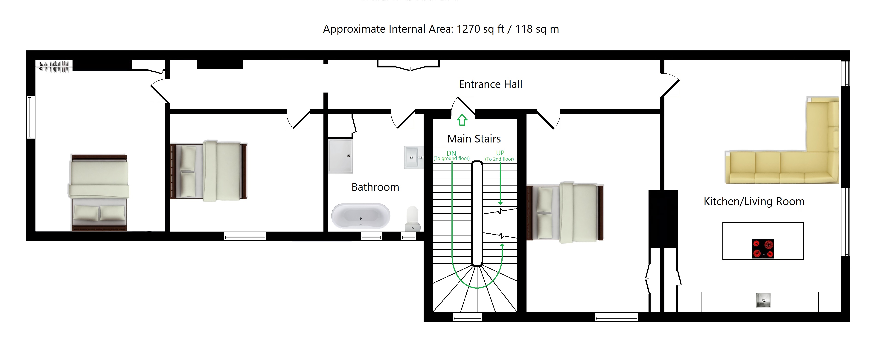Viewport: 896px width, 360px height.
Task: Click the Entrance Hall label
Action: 490,84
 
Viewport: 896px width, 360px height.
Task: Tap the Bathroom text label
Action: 375,187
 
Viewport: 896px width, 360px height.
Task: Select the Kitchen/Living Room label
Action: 754,201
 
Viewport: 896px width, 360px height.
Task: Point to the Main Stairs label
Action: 474,139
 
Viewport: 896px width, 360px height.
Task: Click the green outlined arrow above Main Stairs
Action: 462,120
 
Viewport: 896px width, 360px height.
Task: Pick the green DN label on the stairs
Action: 451,153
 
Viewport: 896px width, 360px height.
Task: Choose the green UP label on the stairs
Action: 500,153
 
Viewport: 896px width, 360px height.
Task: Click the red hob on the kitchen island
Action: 763,249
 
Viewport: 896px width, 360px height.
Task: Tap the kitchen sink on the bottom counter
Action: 763,300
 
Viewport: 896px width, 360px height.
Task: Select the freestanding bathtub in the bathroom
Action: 361,216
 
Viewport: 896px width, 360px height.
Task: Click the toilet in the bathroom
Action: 413,219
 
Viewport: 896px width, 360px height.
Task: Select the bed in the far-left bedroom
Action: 99,193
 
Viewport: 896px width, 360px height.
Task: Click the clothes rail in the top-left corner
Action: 54,66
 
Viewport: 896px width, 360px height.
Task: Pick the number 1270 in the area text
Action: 468,29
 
